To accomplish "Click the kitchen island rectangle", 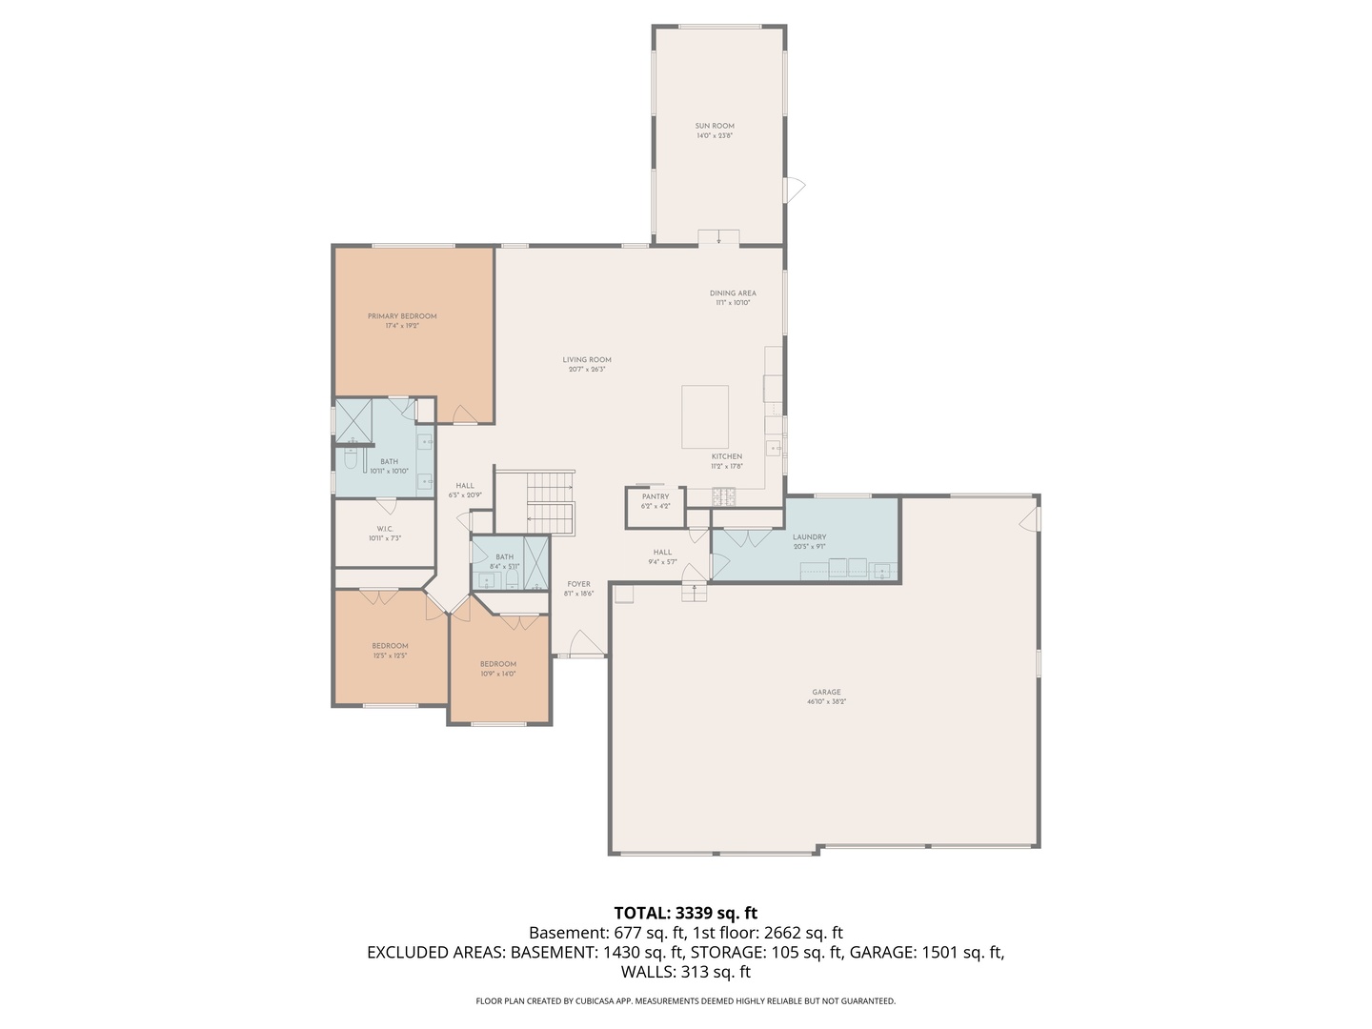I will click(x=705, y=416).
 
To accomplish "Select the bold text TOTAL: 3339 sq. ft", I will click(x=685, y=913).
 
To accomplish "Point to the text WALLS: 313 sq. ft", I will click(x=685, y=972).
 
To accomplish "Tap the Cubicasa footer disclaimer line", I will click(x=685, y=1000).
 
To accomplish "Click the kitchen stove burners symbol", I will click(x=725, y=495).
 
